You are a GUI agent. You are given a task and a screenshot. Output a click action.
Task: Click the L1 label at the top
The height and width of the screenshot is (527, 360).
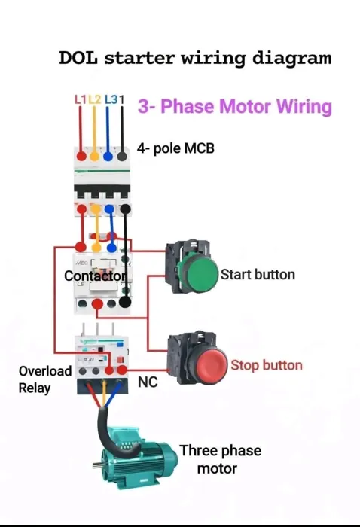(x=81, y=100)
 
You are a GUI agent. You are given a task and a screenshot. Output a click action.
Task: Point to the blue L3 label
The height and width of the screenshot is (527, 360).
(x=111, y=100)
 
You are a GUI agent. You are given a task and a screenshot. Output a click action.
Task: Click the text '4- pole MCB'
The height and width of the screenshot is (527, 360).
(x=175, y=148)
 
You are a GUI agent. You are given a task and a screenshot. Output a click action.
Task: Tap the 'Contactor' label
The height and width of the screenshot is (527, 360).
(x=96, y=276)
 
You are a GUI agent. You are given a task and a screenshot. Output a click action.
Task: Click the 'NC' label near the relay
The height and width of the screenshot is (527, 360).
(x=148, y=382)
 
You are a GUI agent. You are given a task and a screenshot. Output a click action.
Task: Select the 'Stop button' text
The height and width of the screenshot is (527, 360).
(x=267, y=365)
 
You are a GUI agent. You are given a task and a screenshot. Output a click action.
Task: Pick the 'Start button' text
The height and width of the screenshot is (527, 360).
(x=258, y=275)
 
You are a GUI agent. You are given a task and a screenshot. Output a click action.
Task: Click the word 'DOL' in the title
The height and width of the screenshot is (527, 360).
(x=78, y=58)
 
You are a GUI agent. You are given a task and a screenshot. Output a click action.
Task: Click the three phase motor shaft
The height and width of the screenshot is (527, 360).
(x=97, y=465)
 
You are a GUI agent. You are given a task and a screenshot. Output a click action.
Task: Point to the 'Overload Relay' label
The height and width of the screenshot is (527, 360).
(x=45, y=379)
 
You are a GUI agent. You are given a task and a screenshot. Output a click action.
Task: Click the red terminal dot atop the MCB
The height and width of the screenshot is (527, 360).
(x=81, y=156)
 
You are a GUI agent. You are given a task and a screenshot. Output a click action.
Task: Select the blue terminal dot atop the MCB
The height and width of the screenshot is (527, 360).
(x=108, y=157)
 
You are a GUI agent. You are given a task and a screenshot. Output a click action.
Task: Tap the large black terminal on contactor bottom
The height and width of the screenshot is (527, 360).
(x=125, y=302)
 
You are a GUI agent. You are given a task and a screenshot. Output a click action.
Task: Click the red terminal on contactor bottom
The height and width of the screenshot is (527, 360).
(x=97, y=304)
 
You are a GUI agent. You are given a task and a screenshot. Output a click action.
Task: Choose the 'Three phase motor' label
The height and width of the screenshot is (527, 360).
(x=220, y=459)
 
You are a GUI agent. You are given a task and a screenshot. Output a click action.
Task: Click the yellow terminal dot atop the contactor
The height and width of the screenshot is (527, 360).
(x=96, y=248)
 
